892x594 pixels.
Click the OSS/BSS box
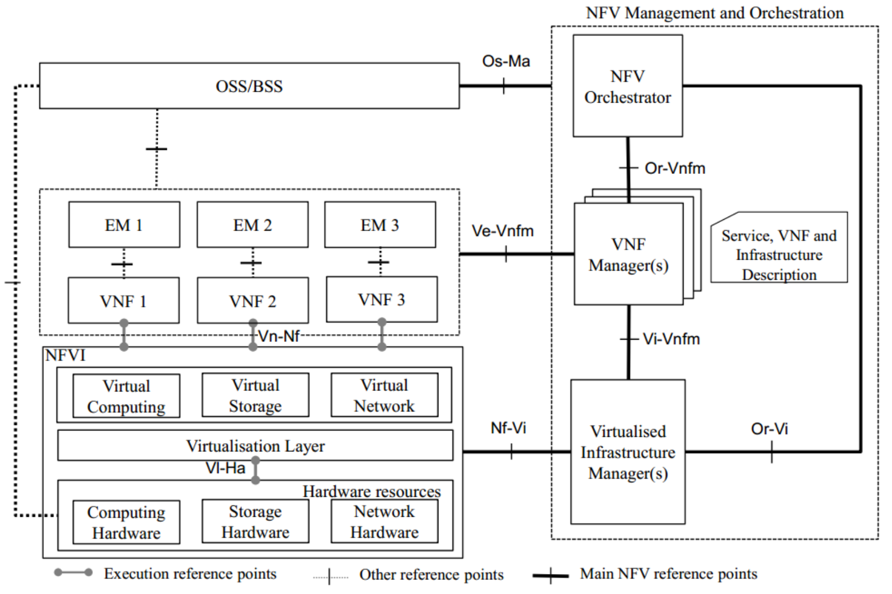(x=249, y=86)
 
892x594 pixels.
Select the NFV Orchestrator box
(x=627, y=86)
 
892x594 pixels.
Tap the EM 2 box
(x=252, y=225)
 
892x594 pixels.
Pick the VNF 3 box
(x=381, y=300)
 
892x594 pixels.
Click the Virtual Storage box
(x=255, y=395)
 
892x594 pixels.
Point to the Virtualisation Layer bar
(x=255, y=446)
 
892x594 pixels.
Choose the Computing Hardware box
(x=126, y=522)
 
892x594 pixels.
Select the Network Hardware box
(x=384, y=522)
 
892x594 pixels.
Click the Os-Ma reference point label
(x=506, y=61)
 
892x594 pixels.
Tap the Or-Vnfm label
(x=675, y=168)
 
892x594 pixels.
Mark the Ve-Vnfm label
(x=503, y=231)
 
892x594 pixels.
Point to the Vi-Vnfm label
(x=671, y=339)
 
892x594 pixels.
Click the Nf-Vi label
(x=508, y=428)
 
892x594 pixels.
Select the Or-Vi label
(x=769, y=429)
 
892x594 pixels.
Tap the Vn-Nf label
(x=279, y=336)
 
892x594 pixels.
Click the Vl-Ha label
(x=225, y=468)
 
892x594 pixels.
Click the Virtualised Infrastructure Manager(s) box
(x=627, y=452)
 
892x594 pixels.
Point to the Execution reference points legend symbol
(x=73, y=572)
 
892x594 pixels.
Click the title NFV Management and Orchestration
(x=714, y=12)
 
